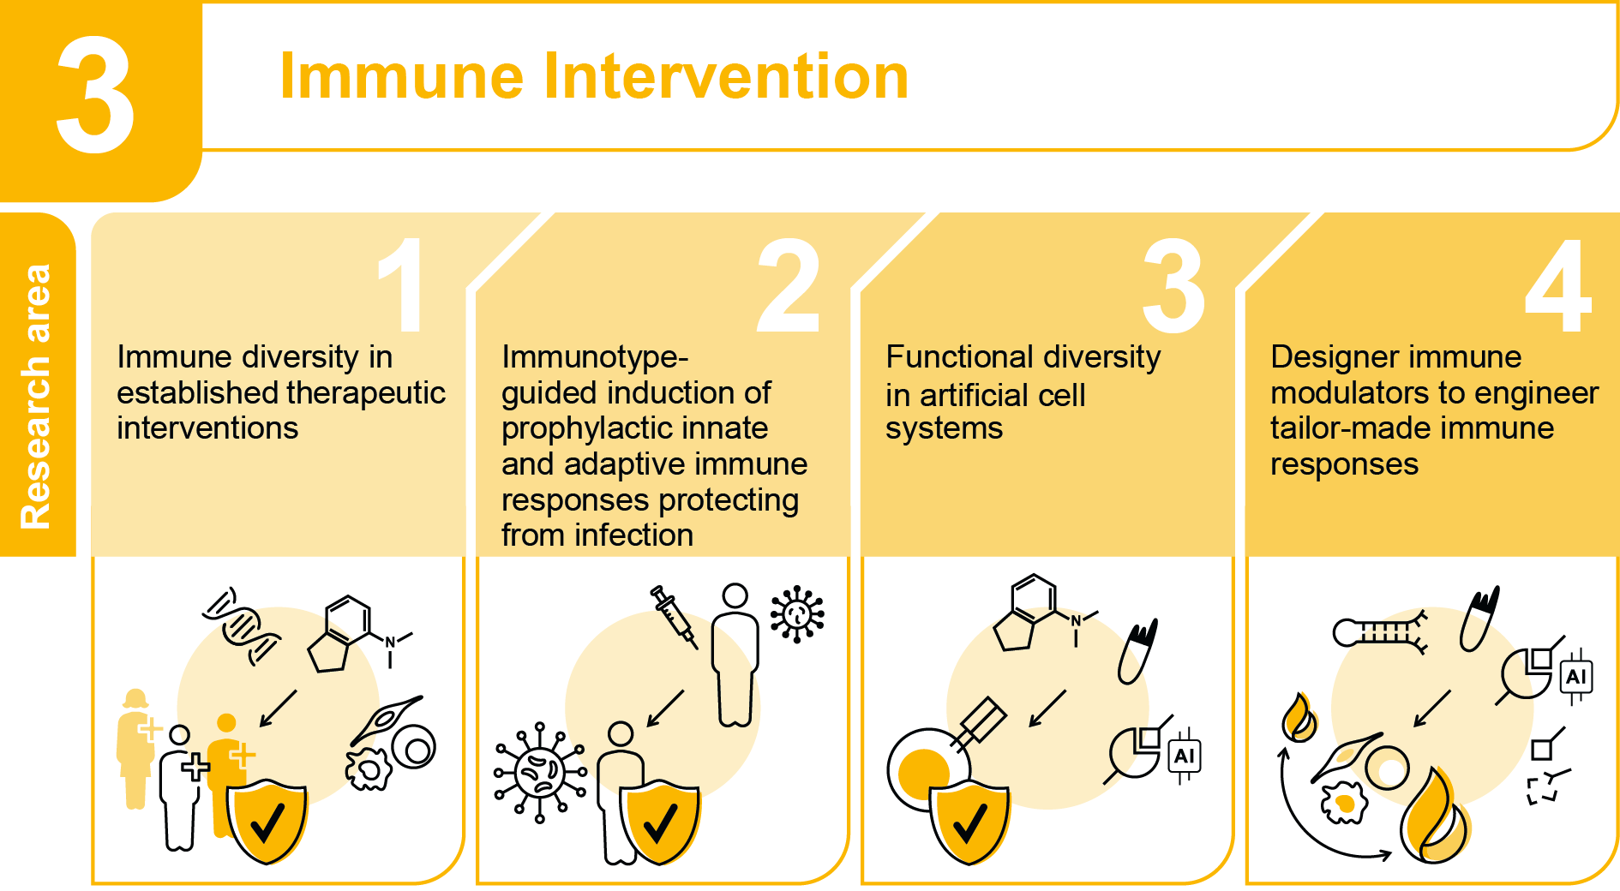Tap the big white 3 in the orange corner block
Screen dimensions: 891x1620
95,96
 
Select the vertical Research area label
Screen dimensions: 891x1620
36,396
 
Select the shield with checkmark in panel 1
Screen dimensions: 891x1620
267,821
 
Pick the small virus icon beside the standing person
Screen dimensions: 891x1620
797,613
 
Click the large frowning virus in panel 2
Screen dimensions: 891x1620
540,772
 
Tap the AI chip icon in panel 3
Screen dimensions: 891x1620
1185,756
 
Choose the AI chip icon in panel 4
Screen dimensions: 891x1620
1576,678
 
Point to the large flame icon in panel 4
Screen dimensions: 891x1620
1434,818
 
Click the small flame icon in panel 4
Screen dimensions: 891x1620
1299,717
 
